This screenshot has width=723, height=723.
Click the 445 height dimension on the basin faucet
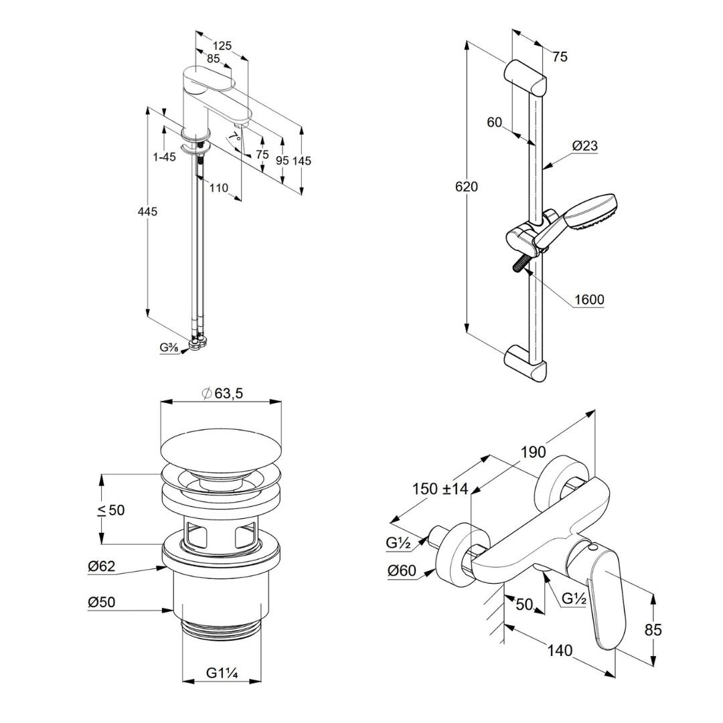point(147,212)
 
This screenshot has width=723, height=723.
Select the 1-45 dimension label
point(164,157)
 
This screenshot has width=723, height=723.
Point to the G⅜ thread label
point(168,347)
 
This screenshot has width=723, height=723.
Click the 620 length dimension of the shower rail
point(466,186)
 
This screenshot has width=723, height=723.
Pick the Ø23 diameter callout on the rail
point(585,146)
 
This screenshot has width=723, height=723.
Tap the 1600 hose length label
point(589,300)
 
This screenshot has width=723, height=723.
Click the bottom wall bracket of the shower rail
point(526,363)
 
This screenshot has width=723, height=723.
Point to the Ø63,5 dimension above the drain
point(222,393)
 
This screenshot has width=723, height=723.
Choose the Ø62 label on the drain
point(101,566)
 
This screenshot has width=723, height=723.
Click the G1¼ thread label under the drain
point(222,671)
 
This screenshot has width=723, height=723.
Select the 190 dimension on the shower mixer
point(534,453)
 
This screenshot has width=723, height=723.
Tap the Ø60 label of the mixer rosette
point(402,571)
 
